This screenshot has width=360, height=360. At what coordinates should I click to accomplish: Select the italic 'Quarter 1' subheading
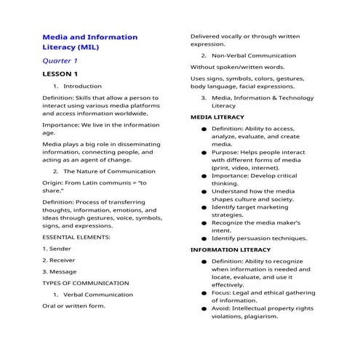60,61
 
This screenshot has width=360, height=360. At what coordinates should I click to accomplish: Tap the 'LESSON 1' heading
60,74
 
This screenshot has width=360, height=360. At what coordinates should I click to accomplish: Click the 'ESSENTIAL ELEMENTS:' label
76,237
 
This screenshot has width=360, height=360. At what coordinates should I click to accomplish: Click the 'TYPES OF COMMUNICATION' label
86,283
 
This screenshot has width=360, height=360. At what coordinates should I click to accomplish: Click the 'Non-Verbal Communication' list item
254,55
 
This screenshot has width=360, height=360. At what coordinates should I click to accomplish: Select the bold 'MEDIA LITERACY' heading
217,116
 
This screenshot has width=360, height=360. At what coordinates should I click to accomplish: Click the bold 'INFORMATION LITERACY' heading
230,249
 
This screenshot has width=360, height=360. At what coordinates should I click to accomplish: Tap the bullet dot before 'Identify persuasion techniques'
204,238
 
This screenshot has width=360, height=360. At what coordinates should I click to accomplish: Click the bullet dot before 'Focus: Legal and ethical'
204,292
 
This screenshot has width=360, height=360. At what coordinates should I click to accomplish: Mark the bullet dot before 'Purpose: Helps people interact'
204,153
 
